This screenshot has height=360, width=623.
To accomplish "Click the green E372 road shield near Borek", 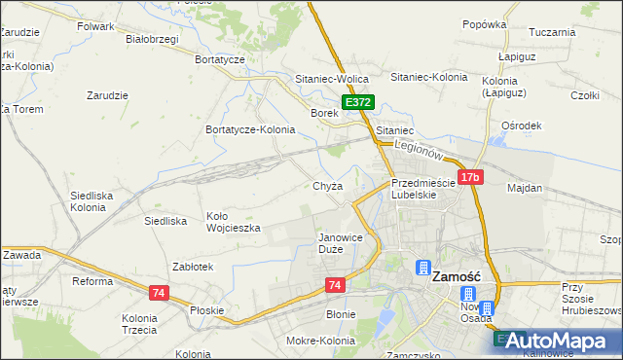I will (356, 102).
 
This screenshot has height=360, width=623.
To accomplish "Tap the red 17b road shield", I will (470, 177).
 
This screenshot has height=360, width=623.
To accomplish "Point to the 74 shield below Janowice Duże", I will (336, 284).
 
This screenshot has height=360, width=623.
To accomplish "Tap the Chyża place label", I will (327, 186).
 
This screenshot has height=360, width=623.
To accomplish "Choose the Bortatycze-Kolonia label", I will (250, 129).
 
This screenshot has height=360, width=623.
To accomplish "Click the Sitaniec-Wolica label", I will (329, 76).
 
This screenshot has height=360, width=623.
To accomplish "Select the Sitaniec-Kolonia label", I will (428, 76).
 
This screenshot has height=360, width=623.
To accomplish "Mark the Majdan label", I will (525, 187).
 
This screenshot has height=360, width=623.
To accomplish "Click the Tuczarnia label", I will (553, 31).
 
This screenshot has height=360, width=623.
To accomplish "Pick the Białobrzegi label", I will (153, 40).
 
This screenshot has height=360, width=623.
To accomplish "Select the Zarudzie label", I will (108, 95).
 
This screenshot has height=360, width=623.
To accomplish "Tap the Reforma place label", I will (93, 281).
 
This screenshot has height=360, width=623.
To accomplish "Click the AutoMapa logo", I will (558, 341).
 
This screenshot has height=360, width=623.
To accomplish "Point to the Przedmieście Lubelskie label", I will (422, 188).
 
